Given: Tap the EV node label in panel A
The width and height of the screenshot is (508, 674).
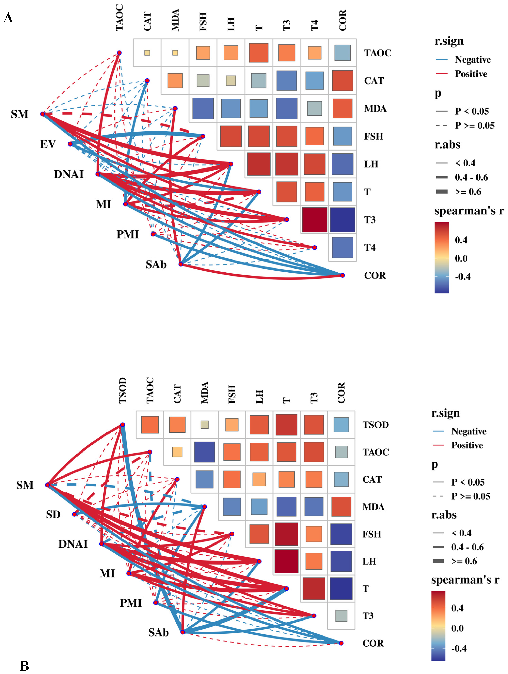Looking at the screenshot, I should pos(48,144).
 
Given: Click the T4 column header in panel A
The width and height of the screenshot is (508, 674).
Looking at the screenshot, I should pos(314,25).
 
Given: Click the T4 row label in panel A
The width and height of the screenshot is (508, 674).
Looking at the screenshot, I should pos(370,247).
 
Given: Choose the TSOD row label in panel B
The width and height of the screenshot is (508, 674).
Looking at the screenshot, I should pos(375,425).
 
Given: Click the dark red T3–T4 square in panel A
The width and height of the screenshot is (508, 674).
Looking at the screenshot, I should pos(314,220).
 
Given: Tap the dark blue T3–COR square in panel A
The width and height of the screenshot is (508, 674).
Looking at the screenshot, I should pos(343,220).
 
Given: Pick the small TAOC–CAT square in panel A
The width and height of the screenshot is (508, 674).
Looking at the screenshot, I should pos(147,53).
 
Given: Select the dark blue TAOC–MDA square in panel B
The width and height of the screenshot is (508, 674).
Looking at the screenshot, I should pos(204,452).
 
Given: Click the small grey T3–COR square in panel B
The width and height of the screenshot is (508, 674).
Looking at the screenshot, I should pos(341,616).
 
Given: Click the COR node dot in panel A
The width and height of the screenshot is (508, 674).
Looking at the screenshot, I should pos(343,275).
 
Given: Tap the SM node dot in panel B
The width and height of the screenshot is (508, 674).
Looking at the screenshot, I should pos(48,485).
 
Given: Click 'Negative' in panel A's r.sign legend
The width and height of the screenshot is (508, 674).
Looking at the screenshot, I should pos(473,60).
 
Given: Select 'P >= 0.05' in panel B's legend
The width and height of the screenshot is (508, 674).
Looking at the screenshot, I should pos(471,496).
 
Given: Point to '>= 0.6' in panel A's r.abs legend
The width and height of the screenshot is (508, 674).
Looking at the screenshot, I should pos(468,192).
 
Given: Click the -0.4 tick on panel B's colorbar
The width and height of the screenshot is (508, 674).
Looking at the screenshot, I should pos(459,648).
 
